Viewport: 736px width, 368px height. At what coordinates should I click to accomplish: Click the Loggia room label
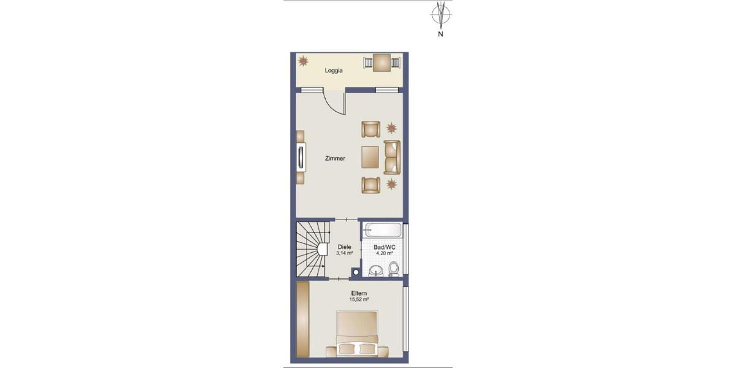point(334,71)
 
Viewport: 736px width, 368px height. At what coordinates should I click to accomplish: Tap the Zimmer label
point(335,158)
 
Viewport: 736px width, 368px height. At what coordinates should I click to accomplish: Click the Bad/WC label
point(385,247)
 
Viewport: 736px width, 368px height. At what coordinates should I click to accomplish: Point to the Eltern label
point(359,293)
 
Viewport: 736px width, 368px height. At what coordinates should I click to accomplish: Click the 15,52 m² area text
point(359,299)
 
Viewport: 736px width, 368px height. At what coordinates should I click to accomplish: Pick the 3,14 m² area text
point(343,253)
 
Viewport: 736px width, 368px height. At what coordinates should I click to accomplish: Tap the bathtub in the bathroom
point(383,231)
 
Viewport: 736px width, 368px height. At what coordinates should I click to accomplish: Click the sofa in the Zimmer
point(392,157)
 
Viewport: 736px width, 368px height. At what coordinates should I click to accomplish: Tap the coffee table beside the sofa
point(370,157)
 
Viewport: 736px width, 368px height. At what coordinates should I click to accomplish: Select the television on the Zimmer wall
point(301,157)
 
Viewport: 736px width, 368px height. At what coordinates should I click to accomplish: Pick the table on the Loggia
point(382,62)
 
